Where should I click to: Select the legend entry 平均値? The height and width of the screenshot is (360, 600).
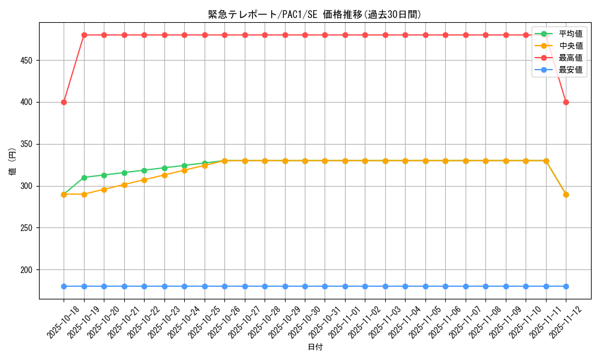[571, 34]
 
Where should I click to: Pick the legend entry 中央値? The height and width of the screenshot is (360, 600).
[571, 46]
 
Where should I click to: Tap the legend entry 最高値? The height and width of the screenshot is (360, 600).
[571, 58]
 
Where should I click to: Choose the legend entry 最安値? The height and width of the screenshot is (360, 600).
[571, 70]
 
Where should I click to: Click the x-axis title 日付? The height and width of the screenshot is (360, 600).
[315, 347]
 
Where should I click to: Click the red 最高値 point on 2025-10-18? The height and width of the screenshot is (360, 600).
[64, 102]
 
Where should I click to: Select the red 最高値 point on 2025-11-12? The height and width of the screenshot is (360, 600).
[566, 102]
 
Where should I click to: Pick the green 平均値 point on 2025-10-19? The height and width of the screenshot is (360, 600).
[84, 178]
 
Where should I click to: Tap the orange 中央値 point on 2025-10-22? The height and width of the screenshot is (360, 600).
[144, 180]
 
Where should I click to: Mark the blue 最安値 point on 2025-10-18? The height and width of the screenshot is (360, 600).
[64, 286]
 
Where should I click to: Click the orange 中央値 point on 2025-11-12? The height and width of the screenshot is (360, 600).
[566, 194]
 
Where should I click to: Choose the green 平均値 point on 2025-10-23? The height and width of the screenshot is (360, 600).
[164, 168]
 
